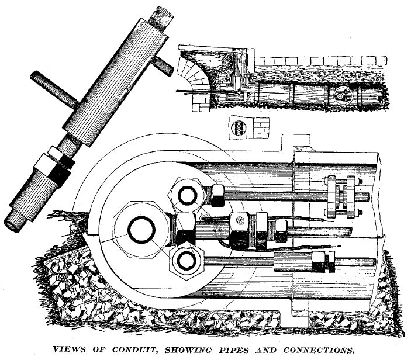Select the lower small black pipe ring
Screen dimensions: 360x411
tap(187, 259)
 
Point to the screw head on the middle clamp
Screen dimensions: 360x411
tap(239, 220)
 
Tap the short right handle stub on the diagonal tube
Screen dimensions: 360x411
tap(166, 66)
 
